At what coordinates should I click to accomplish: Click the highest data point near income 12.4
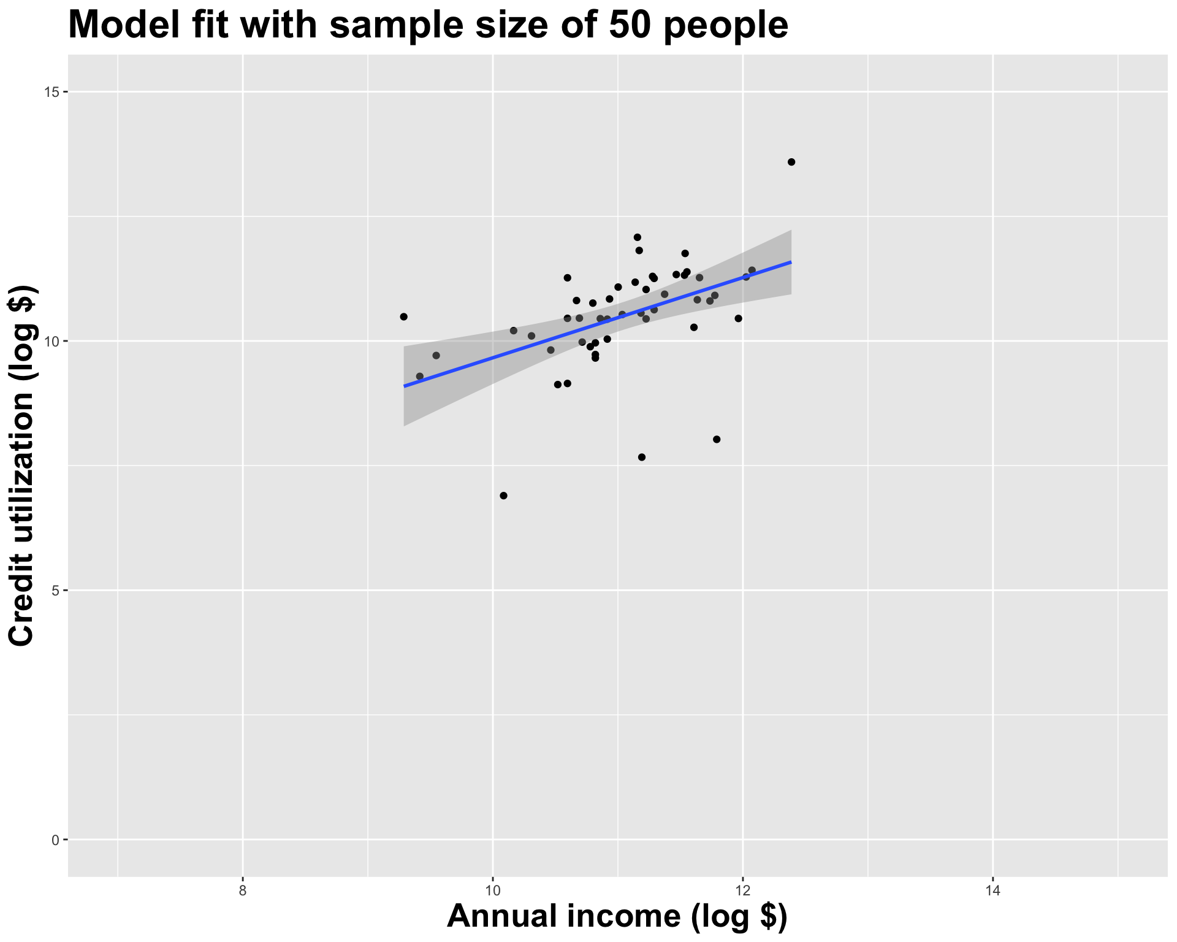point(791,162)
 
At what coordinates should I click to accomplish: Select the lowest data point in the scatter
point(503,496)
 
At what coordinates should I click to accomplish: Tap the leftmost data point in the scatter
point(403,316)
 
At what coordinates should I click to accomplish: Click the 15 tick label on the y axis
point(51,92)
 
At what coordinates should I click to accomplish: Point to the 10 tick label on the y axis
point(51,341)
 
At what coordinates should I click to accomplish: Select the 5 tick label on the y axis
point(55,591)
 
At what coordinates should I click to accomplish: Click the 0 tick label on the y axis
point(55,840)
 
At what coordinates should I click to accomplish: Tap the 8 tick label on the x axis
point(243,890)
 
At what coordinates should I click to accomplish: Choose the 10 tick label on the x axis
point(492,890)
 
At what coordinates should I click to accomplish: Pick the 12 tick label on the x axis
point(742,890)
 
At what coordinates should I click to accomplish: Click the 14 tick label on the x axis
point(992,890)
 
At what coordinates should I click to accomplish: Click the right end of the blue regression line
point(791,262)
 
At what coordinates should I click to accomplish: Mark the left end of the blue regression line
point(404,386)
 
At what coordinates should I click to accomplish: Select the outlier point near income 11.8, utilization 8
point(717,439)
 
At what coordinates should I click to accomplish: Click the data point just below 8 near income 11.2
point(642,457)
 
